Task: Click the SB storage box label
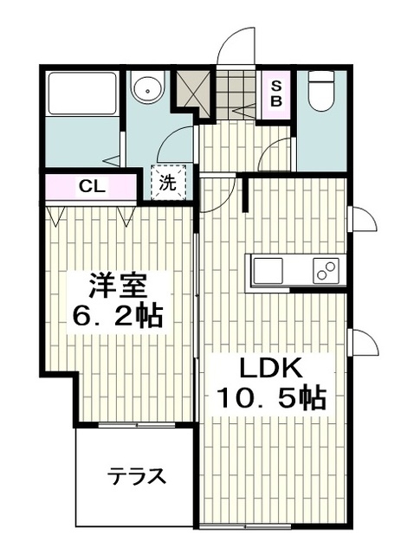coord(276,93)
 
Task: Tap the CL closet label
coord(92,186)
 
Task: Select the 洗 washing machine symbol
coord(168,183)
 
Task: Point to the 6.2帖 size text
coord(118,315)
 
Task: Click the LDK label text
coord(272,369)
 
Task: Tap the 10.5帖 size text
coord(272,398)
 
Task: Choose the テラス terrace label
coord(137,476)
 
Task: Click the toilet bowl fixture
coord(321,91)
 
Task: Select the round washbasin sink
coord(147,87)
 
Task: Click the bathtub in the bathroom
coord(82,93)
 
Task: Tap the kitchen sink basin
coord(268,271)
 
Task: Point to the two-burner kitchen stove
coord(326,271)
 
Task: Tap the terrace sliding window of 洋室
coord(137,425)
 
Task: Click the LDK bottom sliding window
coord(245,526)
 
